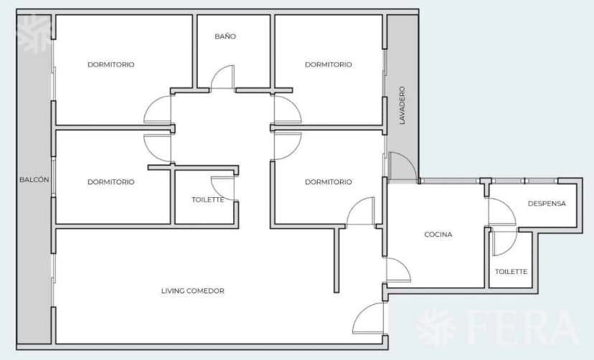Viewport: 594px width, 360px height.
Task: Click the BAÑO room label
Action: click(225, 37)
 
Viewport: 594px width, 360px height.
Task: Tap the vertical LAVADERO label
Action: click(402, 105)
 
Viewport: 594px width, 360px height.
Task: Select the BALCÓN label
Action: click(34, 180)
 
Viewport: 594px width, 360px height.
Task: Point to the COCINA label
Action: click(438, 235)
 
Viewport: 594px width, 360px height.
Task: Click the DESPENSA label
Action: click(547, 203)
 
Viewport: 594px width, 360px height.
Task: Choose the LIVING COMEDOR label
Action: click(192, 291)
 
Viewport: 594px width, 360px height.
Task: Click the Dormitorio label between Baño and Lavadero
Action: click(328, 65)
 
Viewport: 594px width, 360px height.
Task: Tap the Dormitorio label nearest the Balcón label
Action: click(110, 182)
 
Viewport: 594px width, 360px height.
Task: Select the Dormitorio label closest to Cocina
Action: click(328, 182)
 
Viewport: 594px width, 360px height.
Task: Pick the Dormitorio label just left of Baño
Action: click(110, 65)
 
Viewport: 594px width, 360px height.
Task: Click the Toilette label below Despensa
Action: click(511, 272)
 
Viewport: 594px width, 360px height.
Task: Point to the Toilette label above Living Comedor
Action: click(207, 200)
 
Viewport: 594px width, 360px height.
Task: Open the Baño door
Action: click(223, 77)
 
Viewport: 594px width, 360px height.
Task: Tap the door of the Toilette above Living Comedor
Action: click(224, 187)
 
